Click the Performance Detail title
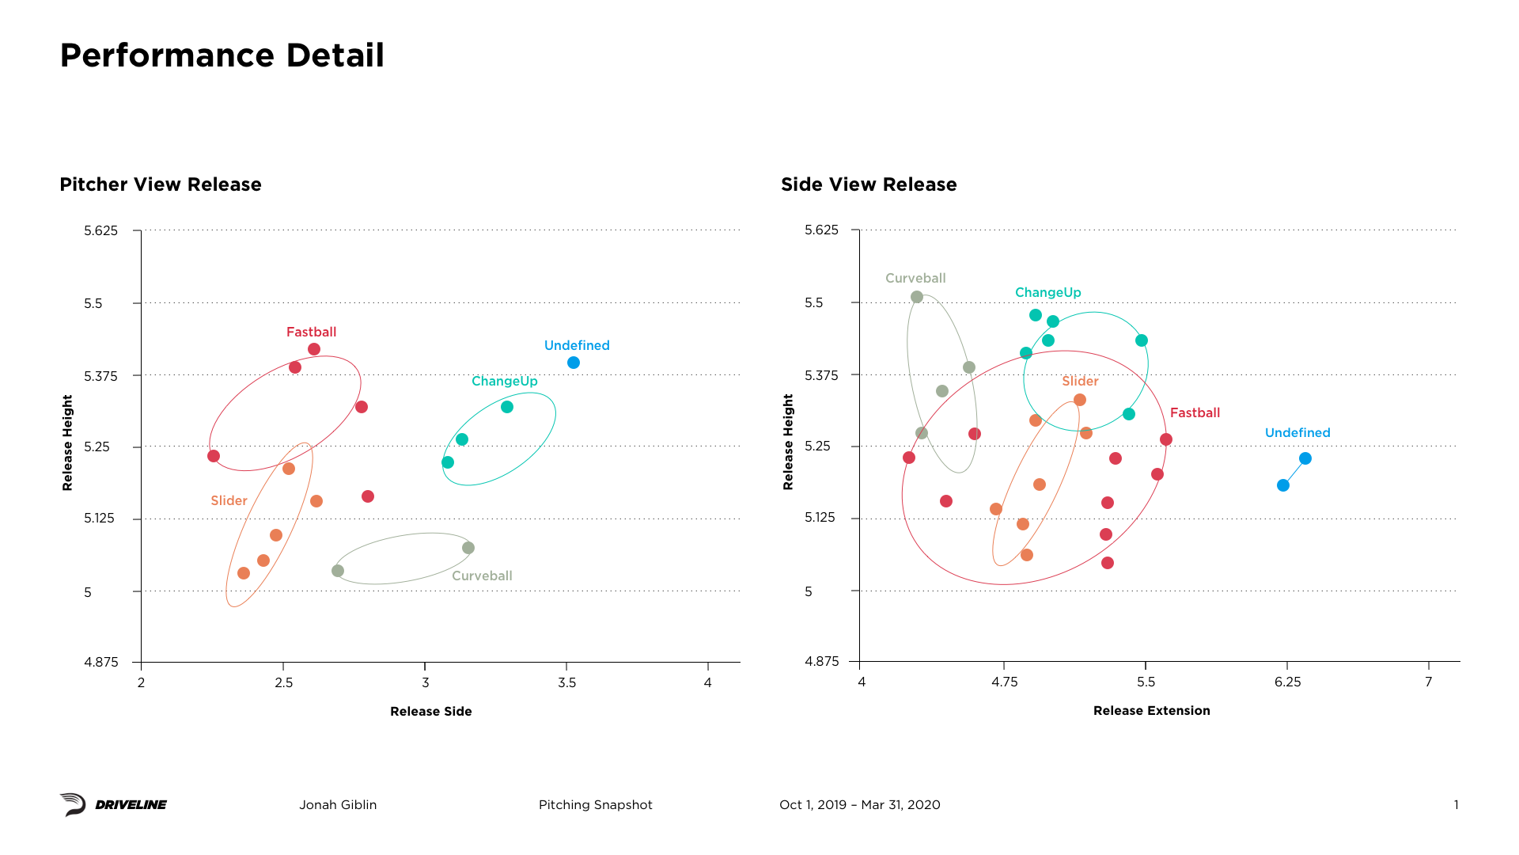point(222,55)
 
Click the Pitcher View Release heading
point(161,184)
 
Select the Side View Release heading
point(869,184)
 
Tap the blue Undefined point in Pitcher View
point(574,363)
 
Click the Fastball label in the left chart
point(311,332)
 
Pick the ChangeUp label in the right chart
point(1047,292)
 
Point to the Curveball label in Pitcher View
point(482,576)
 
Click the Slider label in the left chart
point(229,500)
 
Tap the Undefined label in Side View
point(1297,432)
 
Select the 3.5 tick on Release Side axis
point(566,682)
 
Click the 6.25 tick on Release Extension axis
point(1287,682)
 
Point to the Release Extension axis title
point(1151,710)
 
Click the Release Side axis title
point(430,711)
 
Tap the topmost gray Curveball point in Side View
point(917,297)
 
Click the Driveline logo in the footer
point(113,804)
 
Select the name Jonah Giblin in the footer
point(338,804)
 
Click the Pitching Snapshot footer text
point(595,804)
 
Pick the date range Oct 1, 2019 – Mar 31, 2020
point(859,804)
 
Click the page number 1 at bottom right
point(1456,804)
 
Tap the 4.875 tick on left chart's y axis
point(101,662)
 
